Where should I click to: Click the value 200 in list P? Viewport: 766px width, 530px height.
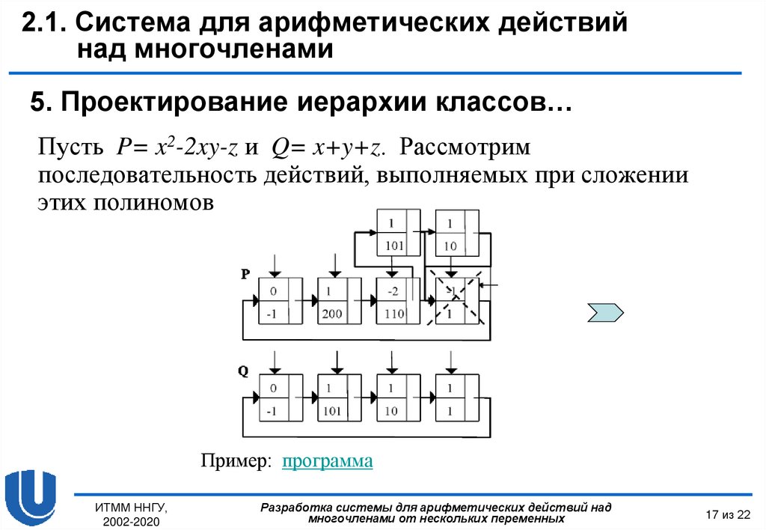pyautogui.click(x=332, y=314)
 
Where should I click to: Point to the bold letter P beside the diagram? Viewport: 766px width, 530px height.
pyautogui.click(x=245, y=275)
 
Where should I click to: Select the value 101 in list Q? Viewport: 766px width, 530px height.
pyautogui.click(x=332, y=411)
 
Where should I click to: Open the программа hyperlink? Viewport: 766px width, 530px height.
pyautogui.click(x=327, y=461)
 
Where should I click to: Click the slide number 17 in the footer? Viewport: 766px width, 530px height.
pyautogui.click(x=711, y=514)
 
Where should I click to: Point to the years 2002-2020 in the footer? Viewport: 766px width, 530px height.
pyautogui.click(x=132, y=521)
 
